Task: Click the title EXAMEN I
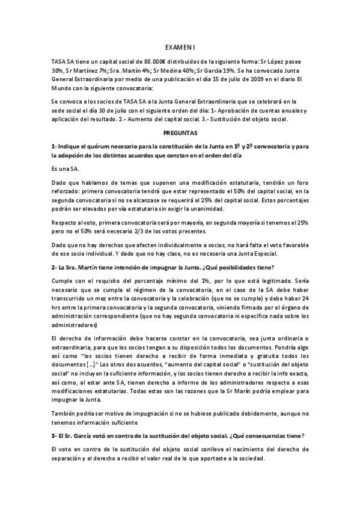tap(180, 46)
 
